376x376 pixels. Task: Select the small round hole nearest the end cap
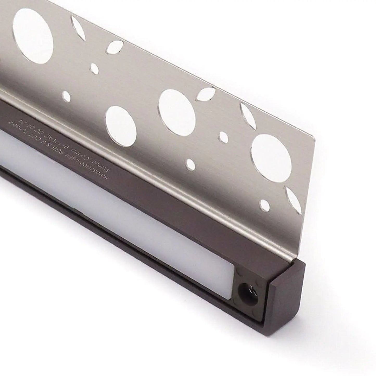point(265,205)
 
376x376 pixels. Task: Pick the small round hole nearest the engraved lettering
point(67,96)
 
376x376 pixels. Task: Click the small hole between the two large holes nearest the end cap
point(223,135)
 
